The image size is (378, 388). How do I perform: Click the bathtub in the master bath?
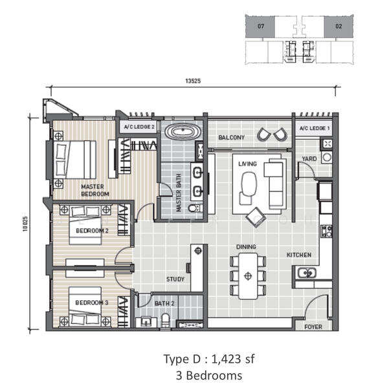[183, 131]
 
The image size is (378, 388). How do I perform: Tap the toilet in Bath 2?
[166, 321]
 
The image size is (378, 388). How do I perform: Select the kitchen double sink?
[307, 273]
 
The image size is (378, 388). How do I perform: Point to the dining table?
[248, 276]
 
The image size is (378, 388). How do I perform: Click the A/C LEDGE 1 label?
[315, 128]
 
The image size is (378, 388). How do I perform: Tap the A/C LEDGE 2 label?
[139, 127]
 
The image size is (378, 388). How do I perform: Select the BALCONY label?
[231, 137]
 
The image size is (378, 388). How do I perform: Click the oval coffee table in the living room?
[249, 184]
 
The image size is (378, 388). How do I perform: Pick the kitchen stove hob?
[326, 231]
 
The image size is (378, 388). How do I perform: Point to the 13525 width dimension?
[193, 81]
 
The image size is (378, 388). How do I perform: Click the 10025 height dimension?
[25, 224]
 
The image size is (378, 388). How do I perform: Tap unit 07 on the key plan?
[260, 27]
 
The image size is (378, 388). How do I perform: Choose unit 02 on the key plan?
[339, 27]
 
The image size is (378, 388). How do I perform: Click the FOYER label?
[313, 327]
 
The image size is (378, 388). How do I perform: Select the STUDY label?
[175, 279]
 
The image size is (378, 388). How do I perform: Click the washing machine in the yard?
[327, 157]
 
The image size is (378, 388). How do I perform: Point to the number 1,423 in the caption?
[226, 360]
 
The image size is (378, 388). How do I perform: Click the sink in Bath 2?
[146, 322]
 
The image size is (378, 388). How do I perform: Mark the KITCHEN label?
[299, 255]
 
